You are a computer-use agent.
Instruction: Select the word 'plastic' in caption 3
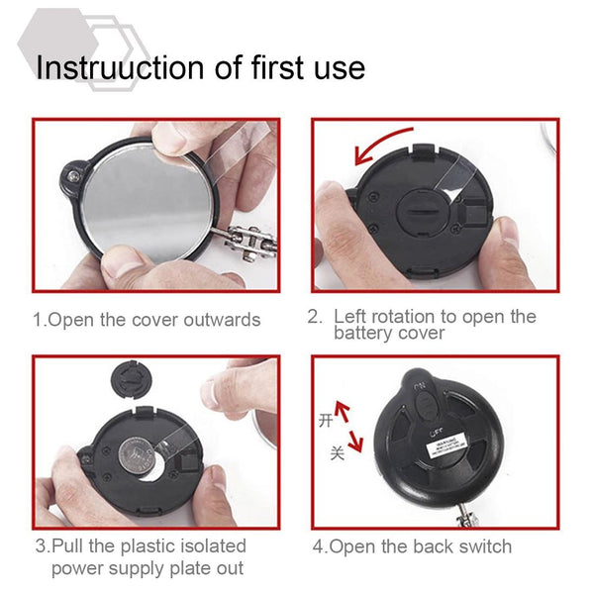[154, 545]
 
